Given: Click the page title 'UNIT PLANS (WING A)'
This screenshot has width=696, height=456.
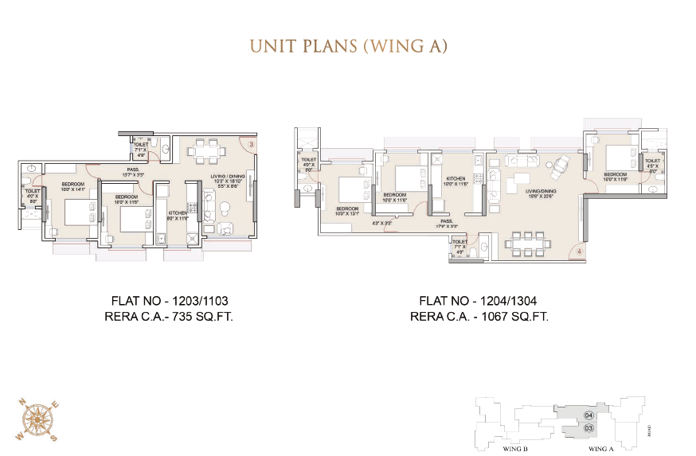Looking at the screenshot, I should [x=348, y=45].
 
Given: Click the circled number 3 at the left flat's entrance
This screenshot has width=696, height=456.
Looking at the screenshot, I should [x=251, y=144].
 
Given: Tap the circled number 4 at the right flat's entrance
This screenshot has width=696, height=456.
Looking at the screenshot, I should [x=580, y=252].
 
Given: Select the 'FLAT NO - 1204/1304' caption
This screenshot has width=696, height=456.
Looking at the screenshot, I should [x=478, y=302].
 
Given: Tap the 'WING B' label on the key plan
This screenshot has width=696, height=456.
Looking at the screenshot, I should [x=515, y=449].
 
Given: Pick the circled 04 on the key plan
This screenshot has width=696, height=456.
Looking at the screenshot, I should [x=588, y=415].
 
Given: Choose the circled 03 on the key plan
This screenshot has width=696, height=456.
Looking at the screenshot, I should [x=588, y=428].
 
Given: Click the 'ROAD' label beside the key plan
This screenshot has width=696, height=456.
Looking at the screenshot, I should [x=650, y=431].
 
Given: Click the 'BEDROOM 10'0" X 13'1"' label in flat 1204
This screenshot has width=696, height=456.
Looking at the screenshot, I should [x=347, y=211].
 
